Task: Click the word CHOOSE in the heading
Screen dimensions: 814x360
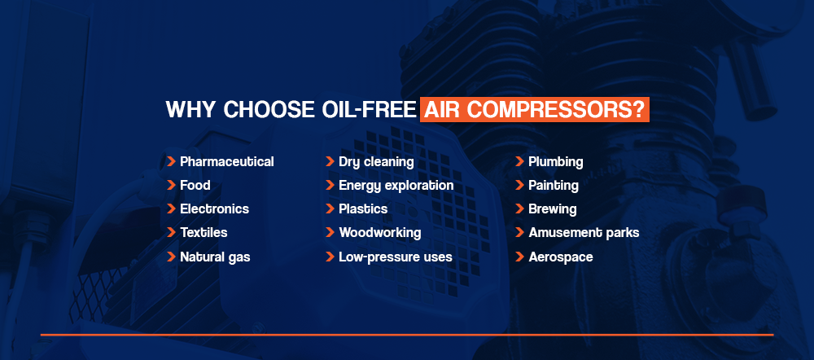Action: pyautogui.click(x=267, y=110)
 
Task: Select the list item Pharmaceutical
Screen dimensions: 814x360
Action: pyautogui.click(x=227, y=162)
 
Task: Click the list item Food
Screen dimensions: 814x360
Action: pyautogui.click(x=195, y=186)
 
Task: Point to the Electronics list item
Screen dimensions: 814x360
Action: pyautogui.click(x=214, y=209)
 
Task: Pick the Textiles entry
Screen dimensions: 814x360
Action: pyautogui.click(x=203, y=233)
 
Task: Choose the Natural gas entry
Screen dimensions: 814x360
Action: pyautogui.click(x=215, y=257)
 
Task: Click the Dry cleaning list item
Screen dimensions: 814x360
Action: pyautogui.click(x=376, y=162)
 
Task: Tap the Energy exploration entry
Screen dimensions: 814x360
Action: pyautogui.click(x=396, y=186)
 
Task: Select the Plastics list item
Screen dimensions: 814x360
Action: pyautogui.click(x=363, y=209)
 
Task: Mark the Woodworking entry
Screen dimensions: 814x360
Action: pyautogui.click(x=380, y=233)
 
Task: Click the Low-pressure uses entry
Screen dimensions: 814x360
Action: pyautogui.click(x=396, y=257)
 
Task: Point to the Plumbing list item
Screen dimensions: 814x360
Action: pyautogui.click(x=555, y=162)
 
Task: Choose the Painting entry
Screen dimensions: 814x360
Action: pyautogui.click(x=554, y=186)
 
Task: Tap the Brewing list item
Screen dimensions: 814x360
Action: pyautogui.click(x=553, y=209)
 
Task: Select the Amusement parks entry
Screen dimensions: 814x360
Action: pyautogui.click(x=584, y=233)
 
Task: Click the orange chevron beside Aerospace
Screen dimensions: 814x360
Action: pyautogui.click(x=519, y=257)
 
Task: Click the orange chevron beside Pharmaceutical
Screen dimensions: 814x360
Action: pyautogui.click(x=171, y=161)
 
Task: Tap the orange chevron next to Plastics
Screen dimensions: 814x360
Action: pyautogui.click(x=330, y=209)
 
